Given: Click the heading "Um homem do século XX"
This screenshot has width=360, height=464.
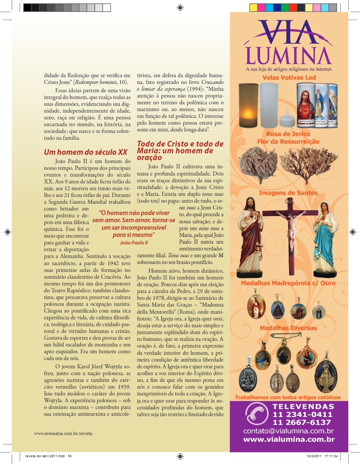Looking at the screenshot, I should point(86,152).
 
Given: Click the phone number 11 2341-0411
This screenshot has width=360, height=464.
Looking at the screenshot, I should point(303,415).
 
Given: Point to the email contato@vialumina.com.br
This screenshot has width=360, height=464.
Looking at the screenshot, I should point(289,431).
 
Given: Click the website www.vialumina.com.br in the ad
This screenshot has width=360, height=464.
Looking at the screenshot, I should point(289,439).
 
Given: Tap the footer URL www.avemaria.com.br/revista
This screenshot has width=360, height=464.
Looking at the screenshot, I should point(63,433).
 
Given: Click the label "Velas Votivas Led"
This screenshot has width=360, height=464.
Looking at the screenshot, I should point(289,78).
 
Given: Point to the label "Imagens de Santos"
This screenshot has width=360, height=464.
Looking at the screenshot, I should point(288,193).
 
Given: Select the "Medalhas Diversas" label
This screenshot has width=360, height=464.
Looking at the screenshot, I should point(288,328).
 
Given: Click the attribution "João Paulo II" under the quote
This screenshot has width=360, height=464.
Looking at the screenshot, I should point(134,243).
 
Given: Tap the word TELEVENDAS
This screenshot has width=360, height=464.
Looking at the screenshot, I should point(303,407).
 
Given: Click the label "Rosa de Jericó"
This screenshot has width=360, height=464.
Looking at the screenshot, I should point(288,134).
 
